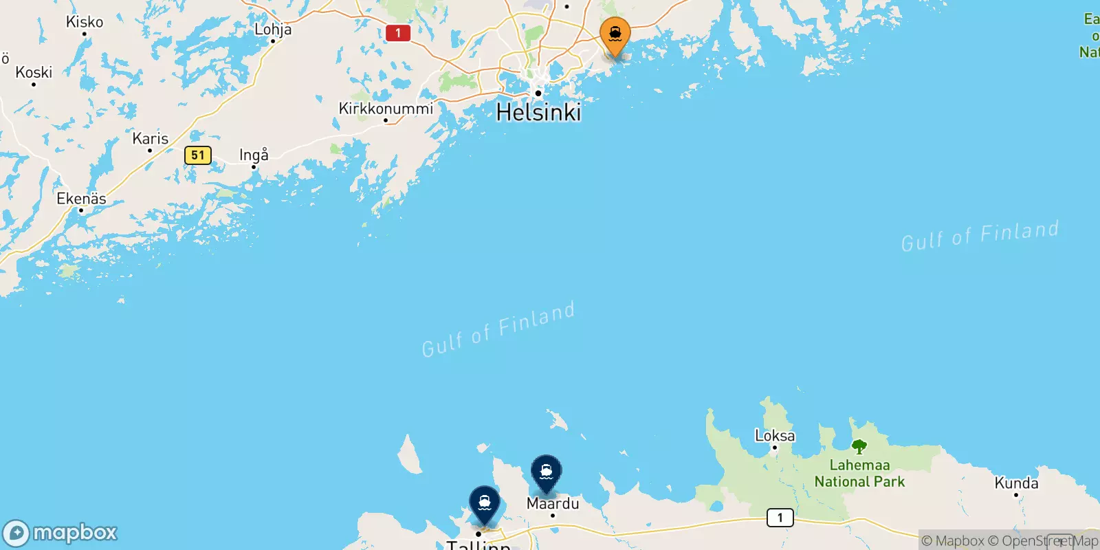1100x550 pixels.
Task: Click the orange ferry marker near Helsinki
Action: point(615,34)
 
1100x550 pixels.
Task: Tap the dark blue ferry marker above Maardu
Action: point(546,472)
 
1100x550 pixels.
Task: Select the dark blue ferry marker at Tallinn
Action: point(485,503)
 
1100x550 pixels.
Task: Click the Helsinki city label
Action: point(538,112)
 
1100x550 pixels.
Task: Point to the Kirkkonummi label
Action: point(386,109)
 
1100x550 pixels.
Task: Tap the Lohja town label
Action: point(273,30)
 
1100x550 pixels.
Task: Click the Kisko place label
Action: point(85,22)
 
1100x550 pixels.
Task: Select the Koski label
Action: point(34,72)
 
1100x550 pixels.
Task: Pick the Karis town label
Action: point(150,139)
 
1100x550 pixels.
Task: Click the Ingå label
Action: point(254,155)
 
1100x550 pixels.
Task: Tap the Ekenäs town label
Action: point(81,199)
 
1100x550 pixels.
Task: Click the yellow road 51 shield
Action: point(198,155)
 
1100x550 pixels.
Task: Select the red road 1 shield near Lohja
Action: point(397,33)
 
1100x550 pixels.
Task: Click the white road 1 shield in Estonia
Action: point(780,518)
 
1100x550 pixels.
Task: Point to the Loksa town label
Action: point(775,436)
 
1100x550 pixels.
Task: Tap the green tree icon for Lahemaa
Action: point(859,447)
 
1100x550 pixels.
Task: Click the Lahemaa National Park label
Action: point(859,474)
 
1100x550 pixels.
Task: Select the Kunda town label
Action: point(1016,483)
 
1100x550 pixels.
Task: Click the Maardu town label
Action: point(553,504)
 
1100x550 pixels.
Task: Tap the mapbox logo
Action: point(60,533)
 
